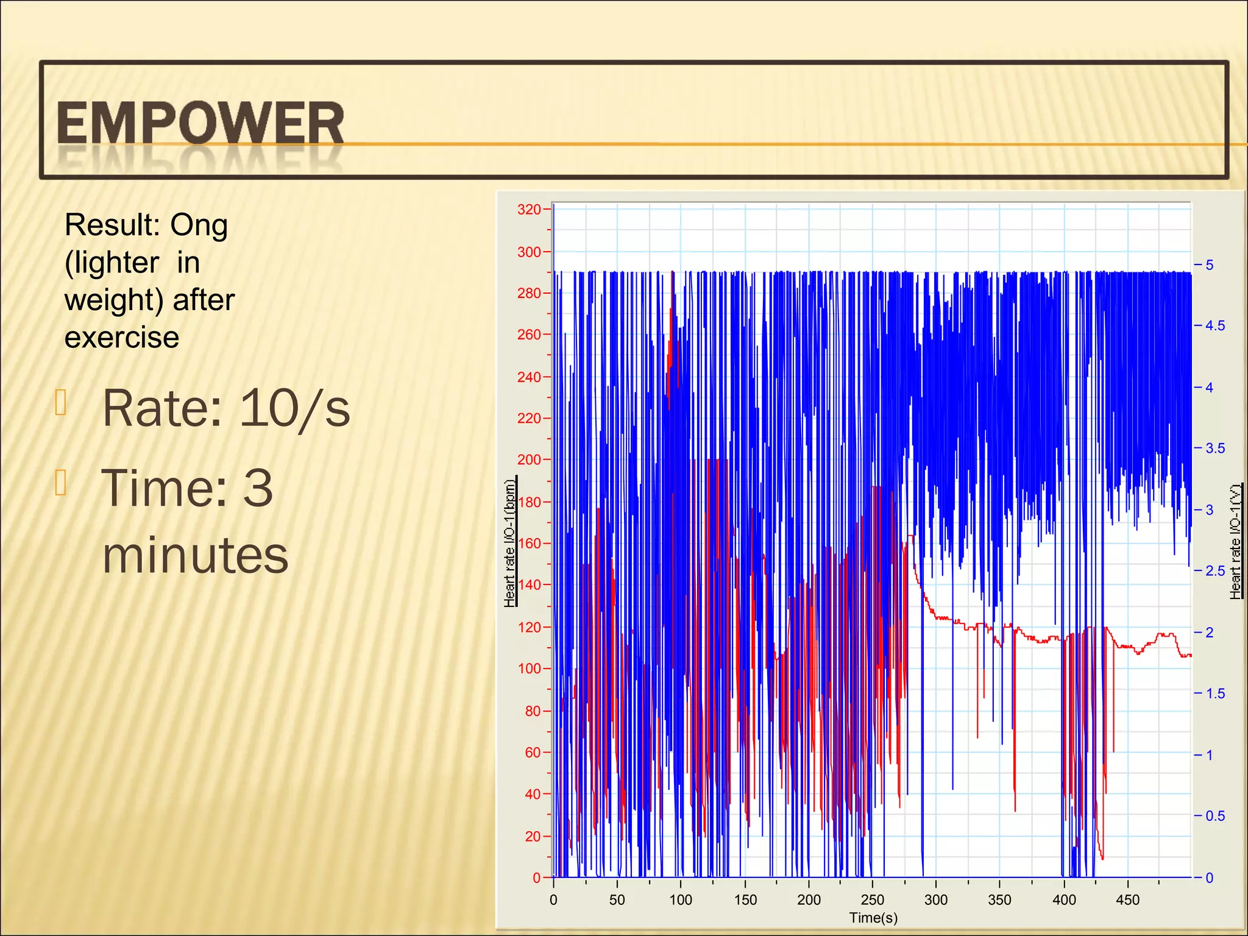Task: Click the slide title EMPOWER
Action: click(200, 124)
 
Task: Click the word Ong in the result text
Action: click(199, 225)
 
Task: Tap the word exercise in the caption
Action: click(122, 338)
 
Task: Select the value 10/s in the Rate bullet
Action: click(295, 408)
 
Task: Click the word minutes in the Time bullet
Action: click(195, 555)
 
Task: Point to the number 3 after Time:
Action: click(258, 488)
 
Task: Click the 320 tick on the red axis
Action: click(529, 210)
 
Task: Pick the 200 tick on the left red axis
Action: click(529, 460)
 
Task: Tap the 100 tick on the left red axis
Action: click(529, 669)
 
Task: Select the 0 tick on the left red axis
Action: click(536, 878)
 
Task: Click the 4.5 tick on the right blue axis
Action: click(1214, 326)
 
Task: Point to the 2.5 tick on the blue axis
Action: click(1214, 572)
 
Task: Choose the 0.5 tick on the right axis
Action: click(1214, 817)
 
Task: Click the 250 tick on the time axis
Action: click(872, 900)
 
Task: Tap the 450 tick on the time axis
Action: click(1127, 900)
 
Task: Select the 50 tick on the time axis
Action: click(617, 900)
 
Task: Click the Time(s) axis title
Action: click(873, 918)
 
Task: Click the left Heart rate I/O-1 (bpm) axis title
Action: click(510, 542)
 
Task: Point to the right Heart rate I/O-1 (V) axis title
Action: click(1235, 542)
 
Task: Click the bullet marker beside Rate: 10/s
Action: click(60, 402)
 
